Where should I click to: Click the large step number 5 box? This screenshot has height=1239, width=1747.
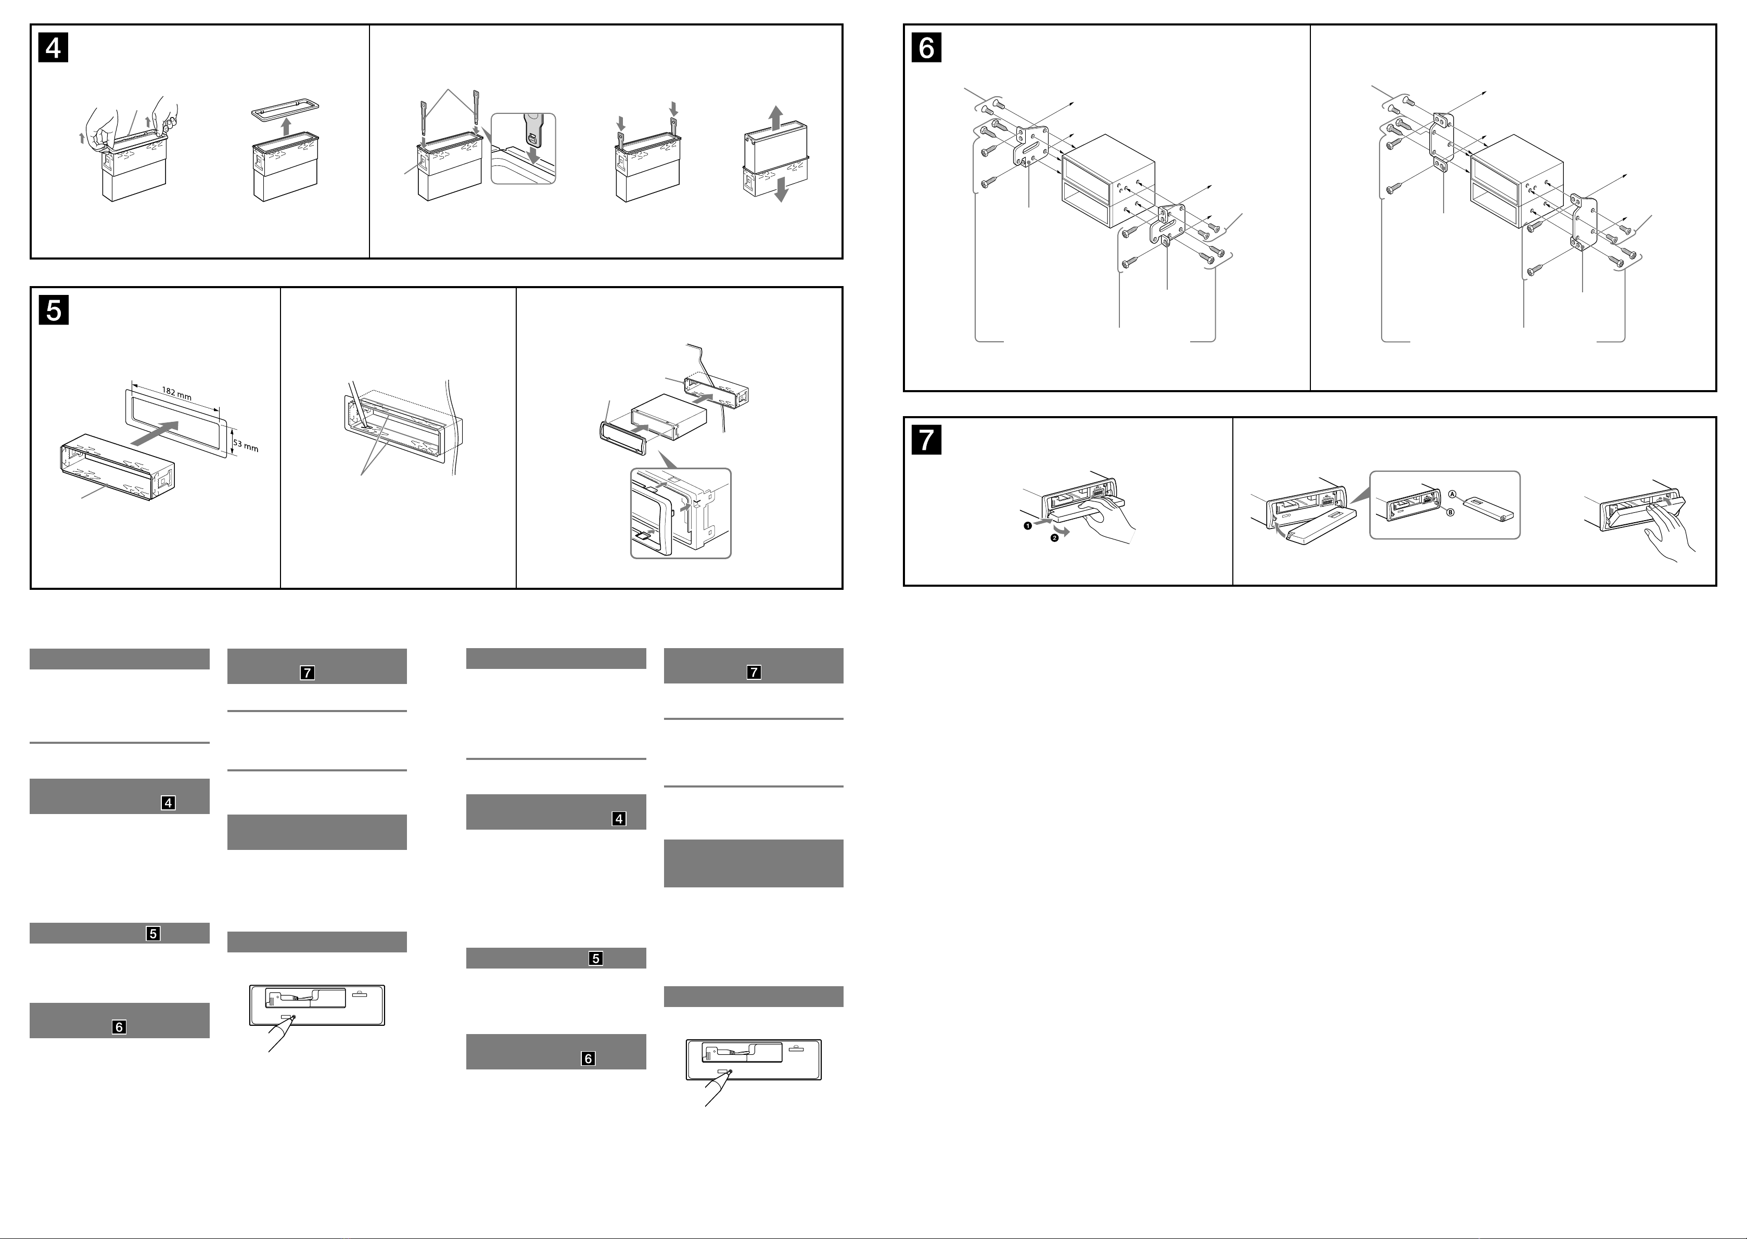(x=54, y=310)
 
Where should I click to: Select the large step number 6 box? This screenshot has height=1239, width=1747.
(x=926, y=47)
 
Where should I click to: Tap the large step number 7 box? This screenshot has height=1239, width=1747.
(x=926, y=440)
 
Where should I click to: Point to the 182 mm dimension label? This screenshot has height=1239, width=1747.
(x=176, y=394)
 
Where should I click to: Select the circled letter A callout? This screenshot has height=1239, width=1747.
(x=1452, y=495)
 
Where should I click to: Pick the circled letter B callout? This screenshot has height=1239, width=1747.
(x=1451, y=513)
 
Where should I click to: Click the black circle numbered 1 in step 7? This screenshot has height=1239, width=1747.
(x=1028, y=526)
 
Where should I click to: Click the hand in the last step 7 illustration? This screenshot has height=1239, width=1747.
(x=1672, y=530)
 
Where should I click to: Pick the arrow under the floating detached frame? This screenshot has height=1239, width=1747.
(x=286, y=126)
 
